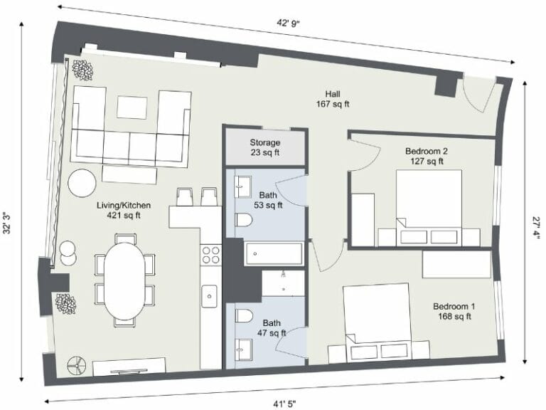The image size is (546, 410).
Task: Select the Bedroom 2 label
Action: pyautogui.click(x=427, y=156)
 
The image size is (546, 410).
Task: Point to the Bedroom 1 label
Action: pyautogui.click(x=454, y=312)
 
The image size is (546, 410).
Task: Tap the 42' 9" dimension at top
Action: pyautogui.click(x=288, y=23)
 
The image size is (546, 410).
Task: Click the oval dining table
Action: pyautogui.click(x=124, y=280)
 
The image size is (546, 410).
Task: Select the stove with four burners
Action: pyautogui.click(x=211, y=255)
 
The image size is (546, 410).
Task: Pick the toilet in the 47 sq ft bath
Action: pyautogui.click(x=242, y=317)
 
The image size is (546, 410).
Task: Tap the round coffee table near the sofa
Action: pyautogui.click(x=82, y=183)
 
